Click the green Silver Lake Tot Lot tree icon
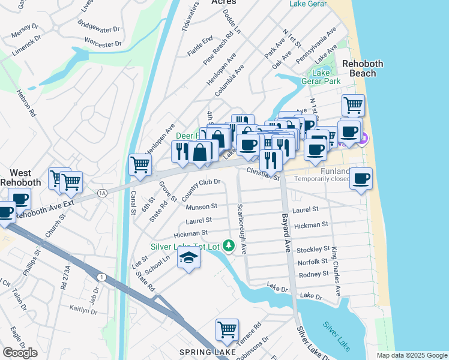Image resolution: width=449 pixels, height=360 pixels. pyautogui.click(x=228, y=245)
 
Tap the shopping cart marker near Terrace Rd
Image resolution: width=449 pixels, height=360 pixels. pyautogui.click(x=227, y=329)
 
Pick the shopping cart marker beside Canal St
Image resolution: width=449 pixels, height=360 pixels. pyautogui.click(x=140, y=164)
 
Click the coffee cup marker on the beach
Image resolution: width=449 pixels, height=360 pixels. pyautogui.click(x=361, y=179)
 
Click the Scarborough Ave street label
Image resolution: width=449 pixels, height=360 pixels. pyautogui.click(x=241, y=228)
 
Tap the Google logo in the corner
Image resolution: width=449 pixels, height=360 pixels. pyautogui.click(x=20, y=353)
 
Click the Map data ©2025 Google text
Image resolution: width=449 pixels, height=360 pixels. pyautogui.click(x=412, y=355)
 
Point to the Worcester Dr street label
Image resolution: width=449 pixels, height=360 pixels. pyautogui.click(x=103, y=44)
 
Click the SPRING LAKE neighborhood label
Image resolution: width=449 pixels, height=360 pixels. pyautogui.click(x=203, y=352)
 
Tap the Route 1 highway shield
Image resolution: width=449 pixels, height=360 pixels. pyautogui.click(x=100, y=276)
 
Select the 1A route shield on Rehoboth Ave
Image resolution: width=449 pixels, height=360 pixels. pyautogui.click(x=102, y=193)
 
